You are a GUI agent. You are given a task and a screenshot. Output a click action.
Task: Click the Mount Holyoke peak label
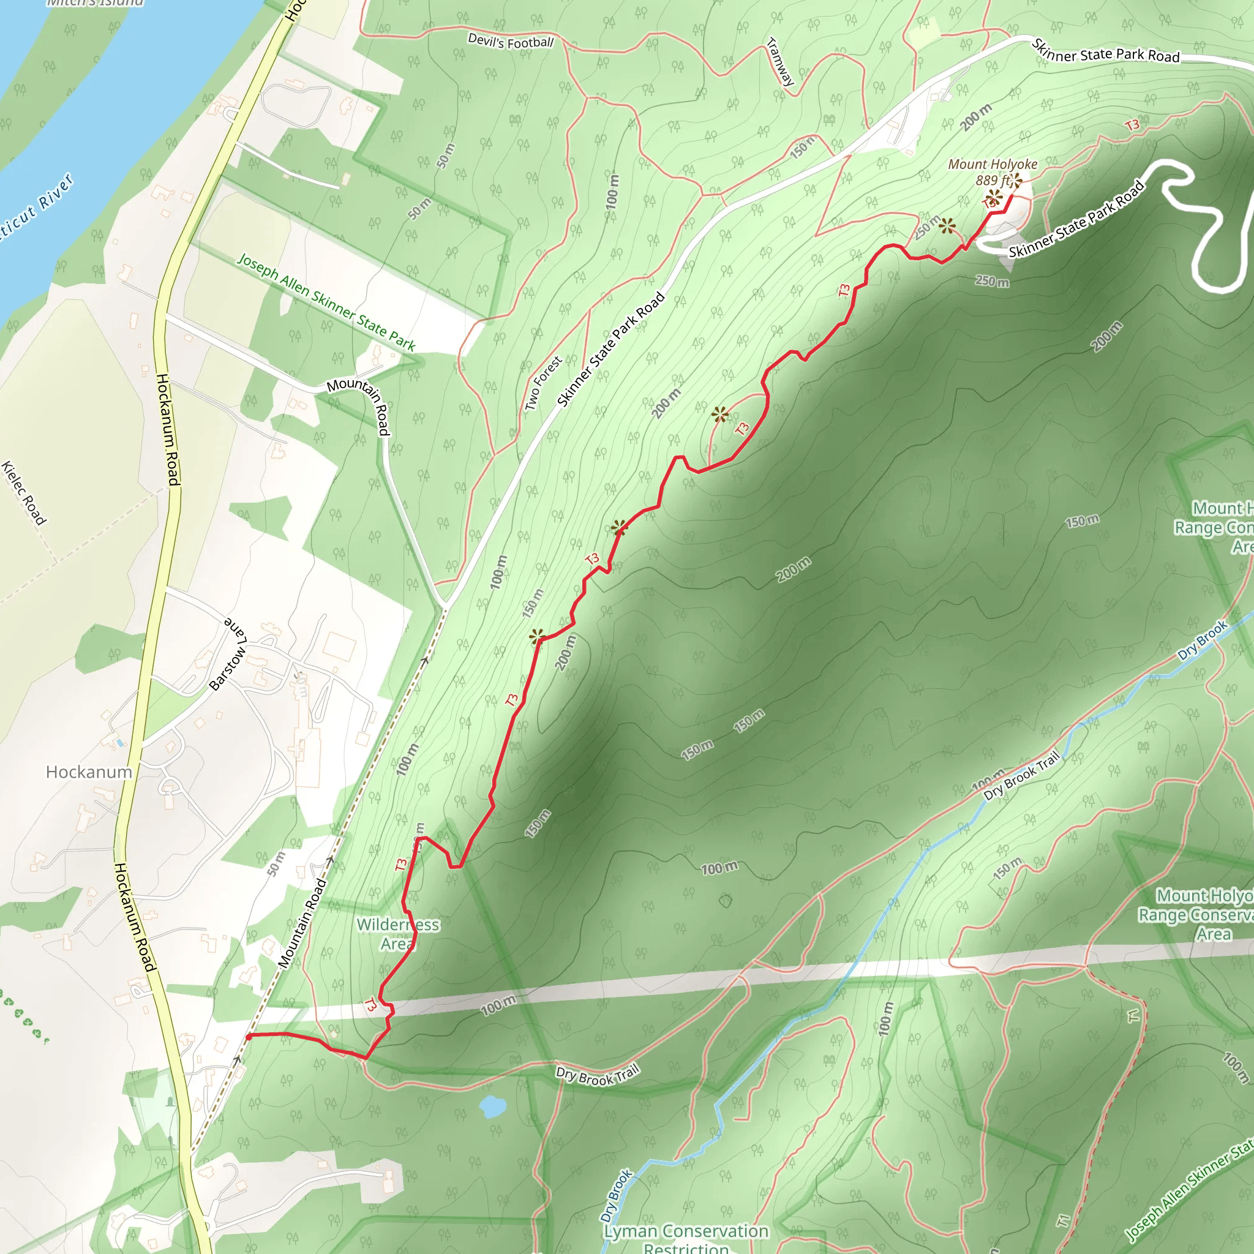click(993, 164)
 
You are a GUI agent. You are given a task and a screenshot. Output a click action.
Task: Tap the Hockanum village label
click(89, 772)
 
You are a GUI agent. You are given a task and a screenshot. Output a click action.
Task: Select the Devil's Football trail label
click(511, 42)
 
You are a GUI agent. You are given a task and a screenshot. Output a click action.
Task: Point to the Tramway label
click(780, 62)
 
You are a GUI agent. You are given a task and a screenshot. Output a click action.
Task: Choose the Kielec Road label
click(24, 493)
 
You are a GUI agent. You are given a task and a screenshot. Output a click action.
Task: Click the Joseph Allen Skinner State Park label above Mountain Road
click(326, 302)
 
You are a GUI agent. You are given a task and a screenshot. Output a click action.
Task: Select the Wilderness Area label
click(397, 934)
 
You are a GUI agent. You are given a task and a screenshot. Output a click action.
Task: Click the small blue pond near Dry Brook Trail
click(493, 1105)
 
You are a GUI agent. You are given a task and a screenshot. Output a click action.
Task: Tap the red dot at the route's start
click(249, 1037)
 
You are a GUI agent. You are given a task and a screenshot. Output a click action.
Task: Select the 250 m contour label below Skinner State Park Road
click(992, 281)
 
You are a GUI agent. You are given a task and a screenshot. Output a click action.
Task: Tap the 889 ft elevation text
click(991, 180)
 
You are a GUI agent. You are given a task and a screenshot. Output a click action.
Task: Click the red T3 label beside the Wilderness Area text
click(401, 865)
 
